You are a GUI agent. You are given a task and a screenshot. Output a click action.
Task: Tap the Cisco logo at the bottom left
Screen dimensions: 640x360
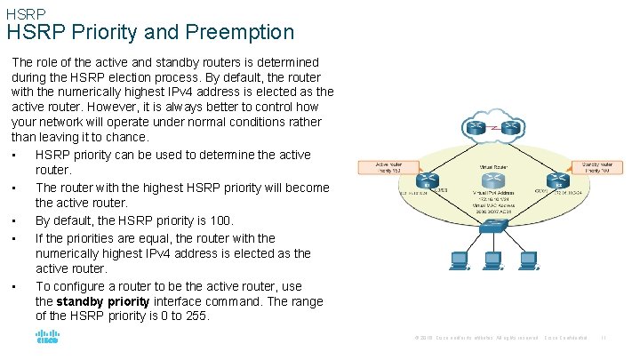(x=47, y=338)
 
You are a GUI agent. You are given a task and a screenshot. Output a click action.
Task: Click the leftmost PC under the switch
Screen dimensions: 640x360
(x=460, y=260)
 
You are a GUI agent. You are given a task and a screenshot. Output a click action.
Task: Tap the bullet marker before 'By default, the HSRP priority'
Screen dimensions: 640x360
(x=17, y=221)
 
